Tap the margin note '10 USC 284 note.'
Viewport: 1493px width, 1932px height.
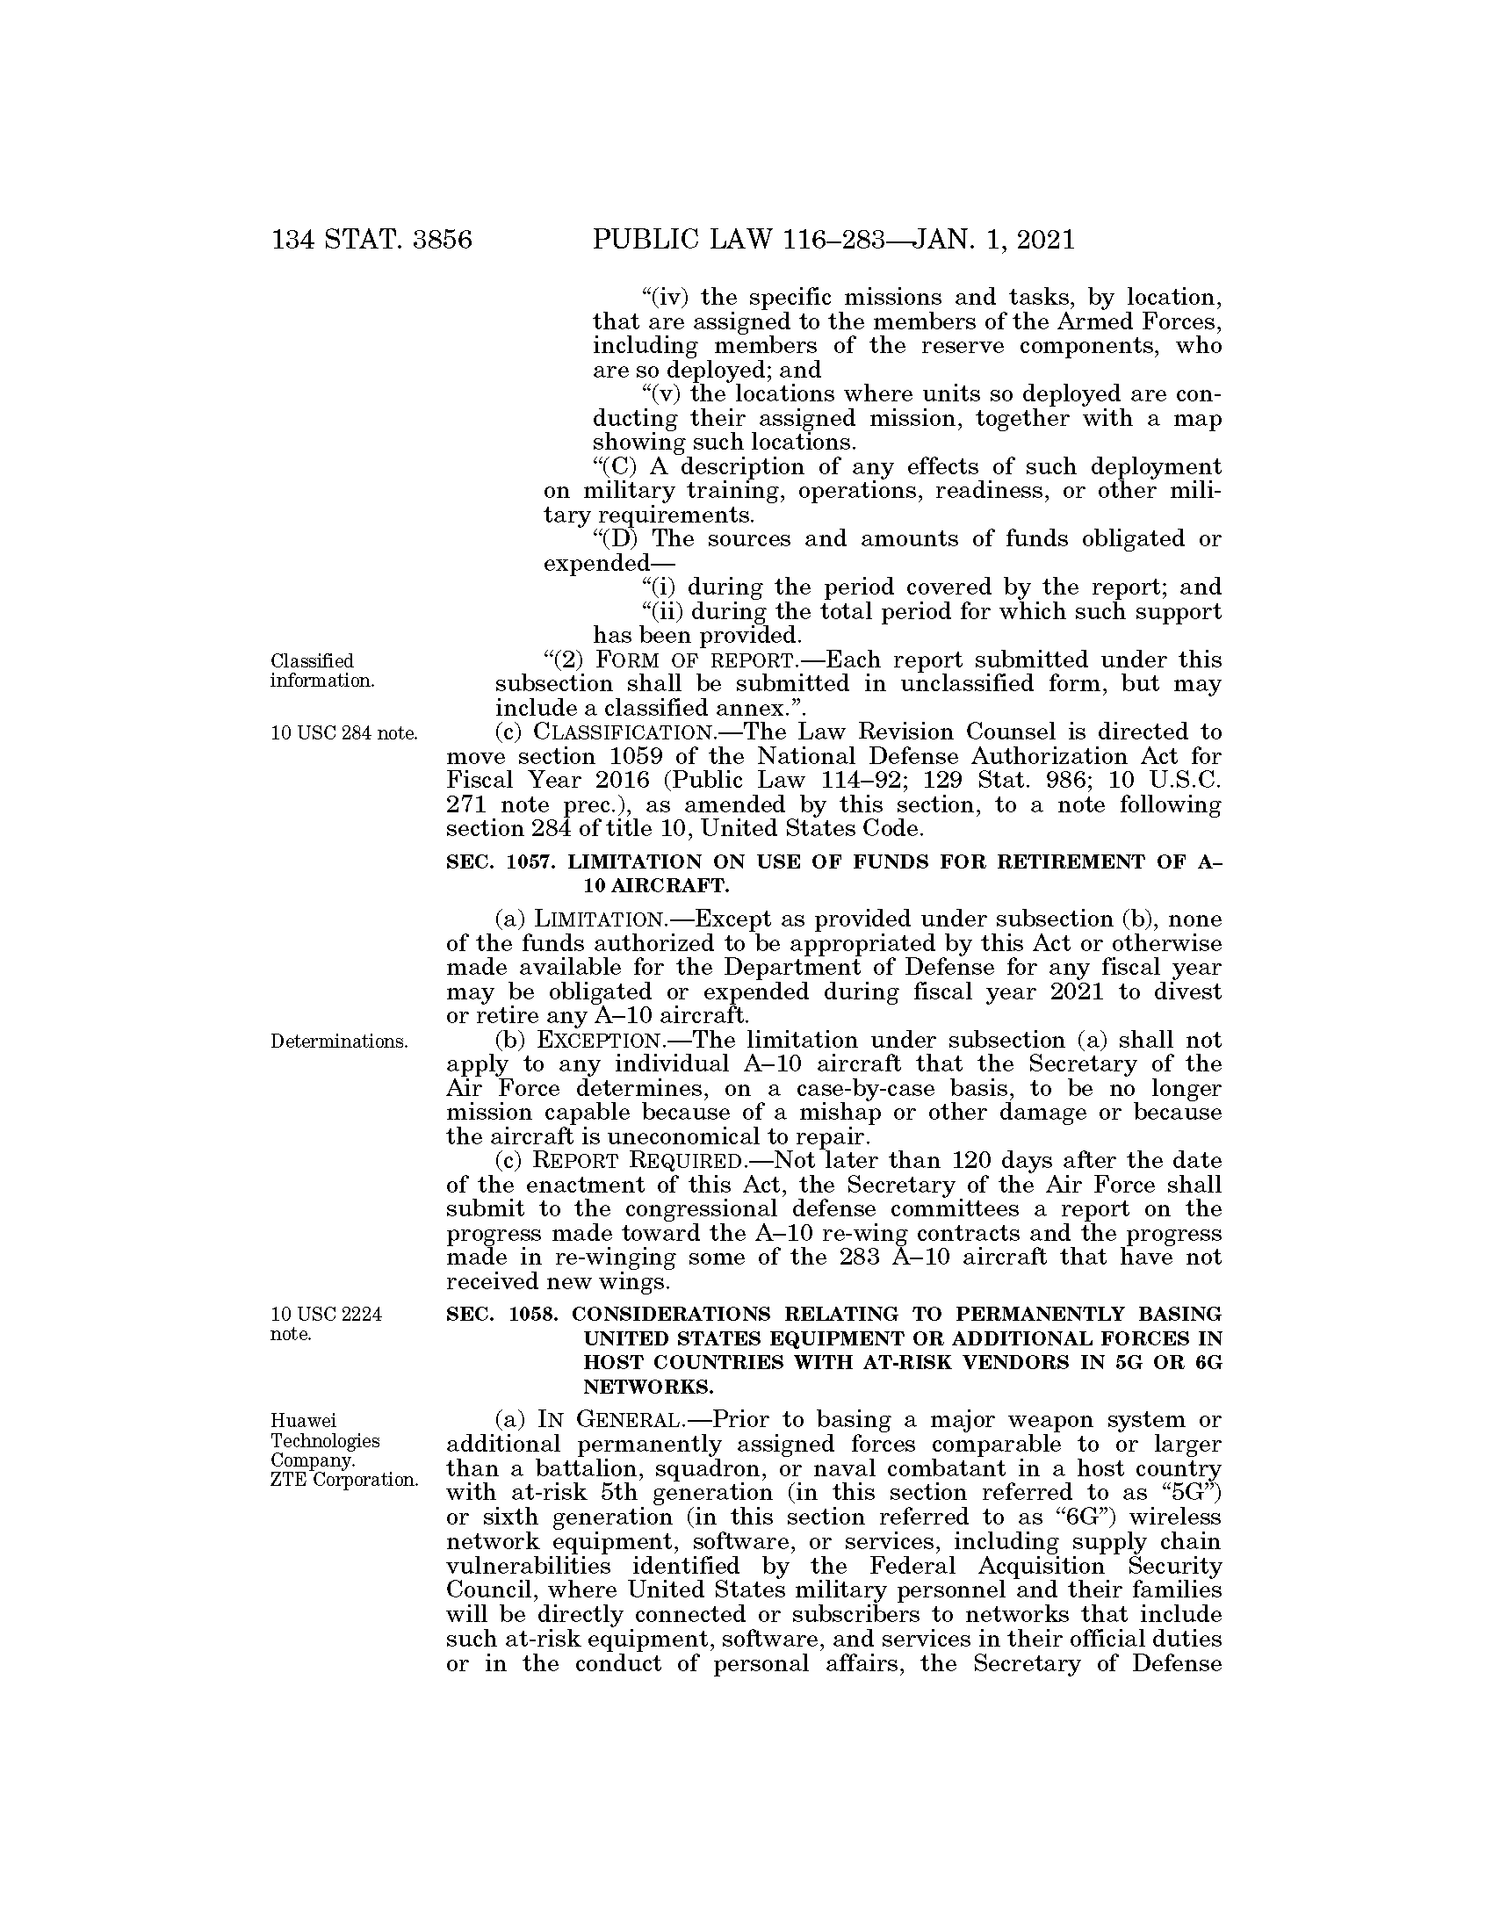343,733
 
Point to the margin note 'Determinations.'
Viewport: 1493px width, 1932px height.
339,1042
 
